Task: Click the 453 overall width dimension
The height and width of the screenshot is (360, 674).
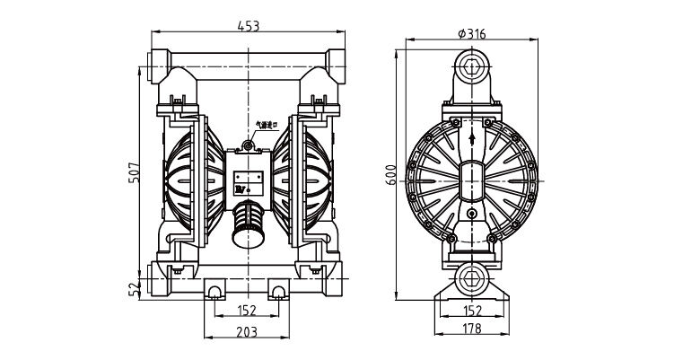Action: [x=247, y=26]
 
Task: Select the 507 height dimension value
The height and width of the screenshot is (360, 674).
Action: [x=134, y=171]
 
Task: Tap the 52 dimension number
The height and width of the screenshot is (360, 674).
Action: [x=134, y=289]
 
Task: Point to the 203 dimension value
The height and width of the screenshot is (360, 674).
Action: [x=247, y=331]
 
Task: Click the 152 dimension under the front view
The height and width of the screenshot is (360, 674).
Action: [x=247, y=311]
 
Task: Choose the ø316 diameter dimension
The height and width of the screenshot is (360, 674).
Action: [x=472, y=33]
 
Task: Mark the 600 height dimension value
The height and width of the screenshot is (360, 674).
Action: [x=390, y=171]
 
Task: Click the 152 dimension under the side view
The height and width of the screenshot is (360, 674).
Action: [x=472, y=311]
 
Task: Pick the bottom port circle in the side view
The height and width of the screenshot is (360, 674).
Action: [x=472, y=278]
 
